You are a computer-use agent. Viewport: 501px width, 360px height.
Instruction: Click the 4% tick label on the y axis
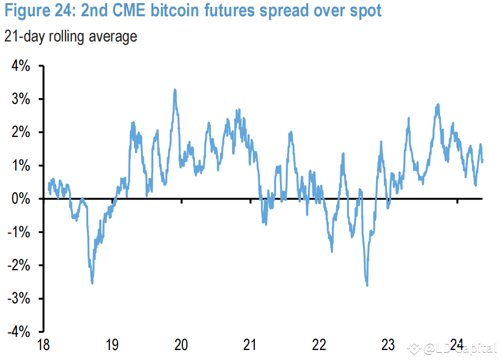pos(20,67)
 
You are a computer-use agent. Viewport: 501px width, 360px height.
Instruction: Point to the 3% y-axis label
pos(20,100)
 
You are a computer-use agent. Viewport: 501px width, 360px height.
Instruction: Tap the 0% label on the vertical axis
pos(20,199)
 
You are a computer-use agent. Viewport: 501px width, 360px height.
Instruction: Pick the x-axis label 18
pos(43,345)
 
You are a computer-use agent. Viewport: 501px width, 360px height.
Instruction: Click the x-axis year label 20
pos(181,345)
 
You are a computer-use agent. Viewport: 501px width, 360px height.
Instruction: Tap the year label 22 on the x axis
pos(319,345)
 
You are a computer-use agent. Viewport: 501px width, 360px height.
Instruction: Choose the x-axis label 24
pos(457,345)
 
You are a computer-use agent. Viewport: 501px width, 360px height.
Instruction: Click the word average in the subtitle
pos(112,36)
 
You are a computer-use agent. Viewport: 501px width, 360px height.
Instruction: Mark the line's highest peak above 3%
pos(175,90)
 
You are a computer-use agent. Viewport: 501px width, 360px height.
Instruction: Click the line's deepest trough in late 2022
pos(367,285)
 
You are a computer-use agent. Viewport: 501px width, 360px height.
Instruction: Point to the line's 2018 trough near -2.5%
pos(92,283)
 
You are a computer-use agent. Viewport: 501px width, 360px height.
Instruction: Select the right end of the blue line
pos(482,161)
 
